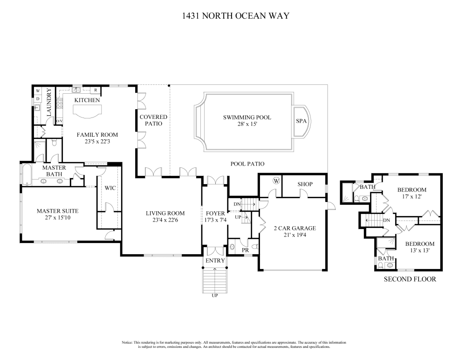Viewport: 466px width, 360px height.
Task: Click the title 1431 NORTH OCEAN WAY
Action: (235, 16)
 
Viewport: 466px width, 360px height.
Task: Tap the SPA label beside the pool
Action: (301, 121)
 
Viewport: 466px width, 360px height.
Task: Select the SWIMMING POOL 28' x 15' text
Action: (247, 120)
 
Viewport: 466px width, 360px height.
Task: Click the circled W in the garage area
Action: (276, 180)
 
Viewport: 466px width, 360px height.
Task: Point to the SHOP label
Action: (305, 184)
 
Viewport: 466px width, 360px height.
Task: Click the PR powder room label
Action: (245, 250)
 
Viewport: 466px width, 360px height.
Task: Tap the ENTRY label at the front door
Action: (215, 261)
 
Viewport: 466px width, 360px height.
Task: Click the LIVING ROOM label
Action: (165, 213)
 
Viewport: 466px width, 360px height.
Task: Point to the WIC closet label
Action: (110, 188)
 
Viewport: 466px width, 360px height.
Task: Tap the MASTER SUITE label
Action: (58, 211)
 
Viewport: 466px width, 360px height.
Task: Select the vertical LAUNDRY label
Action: (49, 102)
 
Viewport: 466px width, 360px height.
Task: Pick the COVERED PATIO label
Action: (153, 120)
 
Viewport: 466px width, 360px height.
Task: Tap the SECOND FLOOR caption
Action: (410, 279)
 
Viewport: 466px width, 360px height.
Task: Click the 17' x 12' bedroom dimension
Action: (412, 197)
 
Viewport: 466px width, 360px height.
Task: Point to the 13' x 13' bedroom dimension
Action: (420, 250)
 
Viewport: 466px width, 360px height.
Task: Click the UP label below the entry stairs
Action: (214, 296)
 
